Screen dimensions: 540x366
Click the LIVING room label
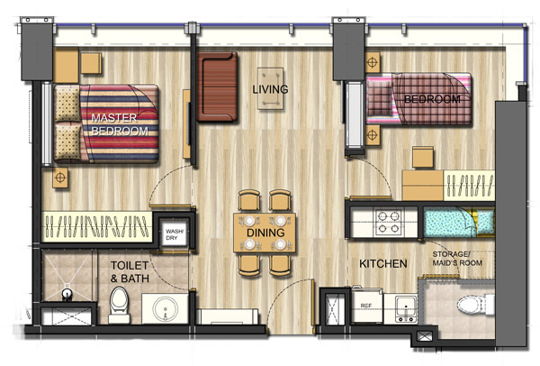(270, 89)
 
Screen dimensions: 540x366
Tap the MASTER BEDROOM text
(120, 124)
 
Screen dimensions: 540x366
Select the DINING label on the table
(265, 233)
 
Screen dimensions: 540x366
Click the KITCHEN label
(383, 264)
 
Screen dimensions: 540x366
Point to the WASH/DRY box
(175, 234)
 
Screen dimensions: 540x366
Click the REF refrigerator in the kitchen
(366, 307)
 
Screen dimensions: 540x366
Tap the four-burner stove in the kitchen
(389, 223)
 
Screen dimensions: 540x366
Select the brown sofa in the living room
(217, 87)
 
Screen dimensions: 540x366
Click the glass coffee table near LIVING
(270, 88)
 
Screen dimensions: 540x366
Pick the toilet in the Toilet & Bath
(119, 305)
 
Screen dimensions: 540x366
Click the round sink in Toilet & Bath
(166, 309)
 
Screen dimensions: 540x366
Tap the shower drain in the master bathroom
(67, 295)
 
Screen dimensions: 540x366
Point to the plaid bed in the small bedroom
(418, 99)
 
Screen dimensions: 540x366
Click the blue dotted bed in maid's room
(459, 223)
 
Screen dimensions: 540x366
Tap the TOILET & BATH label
(130, 272)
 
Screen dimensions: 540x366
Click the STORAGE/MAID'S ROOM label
(457, 259)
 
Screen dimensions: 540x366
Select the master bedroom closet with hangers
(97, 226)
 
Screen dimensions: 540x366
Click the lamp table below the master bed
(60, 178)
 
